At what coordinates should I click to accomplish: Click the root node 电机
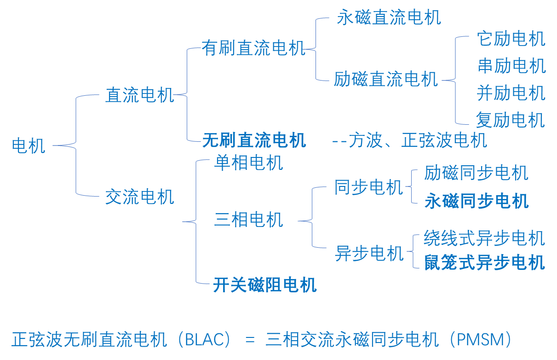[29, 146]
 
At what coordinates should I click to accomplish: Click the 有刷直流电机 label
[254, 48]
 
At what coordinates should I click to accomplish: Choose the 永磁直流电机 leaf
[389, 18]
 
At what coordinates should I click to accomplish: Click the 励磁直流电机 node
[386, 80]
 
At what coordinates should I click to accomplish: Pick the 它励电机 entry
[511, 39]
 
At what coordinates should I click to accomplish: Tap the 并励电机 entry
[511, 93]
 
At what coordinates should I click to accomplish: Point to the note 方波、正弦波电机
[418, 140]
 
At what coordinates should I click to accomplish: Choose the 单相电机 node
[248, 163]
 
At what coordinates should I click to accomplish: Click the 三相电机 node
[248, 220]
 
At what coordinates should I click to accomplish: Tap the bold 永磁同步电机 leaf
[477, 201]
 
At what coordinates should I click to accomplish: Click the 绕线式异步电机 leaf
[484, 238]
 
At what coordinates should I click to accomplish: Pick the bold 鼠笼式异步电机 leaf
[484, 262]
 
